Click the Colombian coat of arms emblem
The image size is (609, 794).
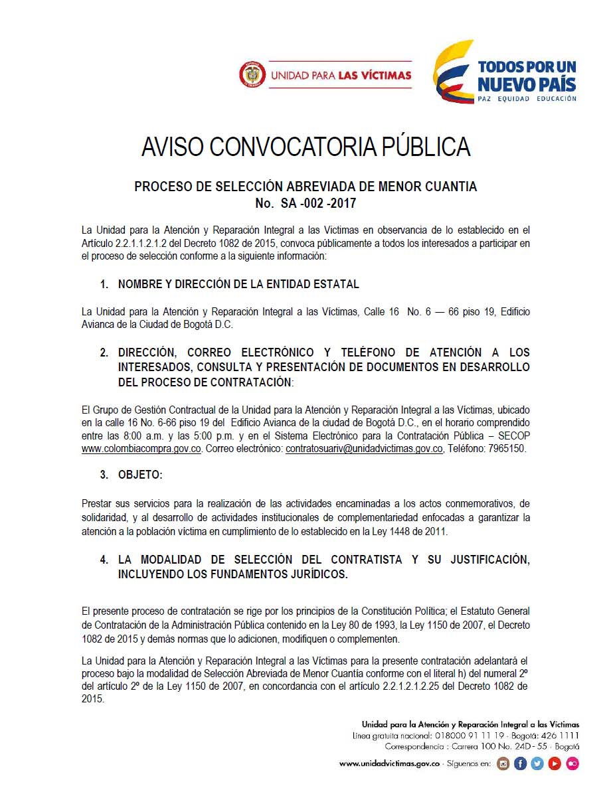(x=251, y=75)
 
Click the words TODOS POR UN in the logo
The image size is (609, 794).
(x=527, y=67)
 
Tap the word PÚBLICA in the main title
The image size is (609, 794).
(x=426, y=147)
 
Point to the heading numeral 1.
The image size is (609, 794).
(x=104, y=284)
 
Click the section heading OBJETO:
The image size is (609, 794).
(x=140, y=475)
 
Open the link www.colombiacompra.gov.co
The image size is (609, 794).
(x=141, y=449)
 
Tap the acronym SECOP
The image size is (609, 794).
(x=513, y=436)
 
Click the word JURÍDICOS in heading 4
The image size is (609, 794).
(x=313, y=574)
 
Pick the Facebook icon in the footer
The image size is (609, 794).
(x=521, y=764)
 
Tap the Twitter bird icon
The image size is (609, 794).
(x=537, y=764)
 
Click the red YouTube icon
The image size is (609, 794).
(x=555, y=764)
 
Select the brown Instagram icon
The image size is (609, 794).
(x=503, y=764)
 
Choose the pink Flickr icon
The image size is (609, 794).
(x=572, y=764)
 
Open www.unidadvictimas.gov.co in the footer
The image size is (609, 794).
(x=390, y=764)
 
